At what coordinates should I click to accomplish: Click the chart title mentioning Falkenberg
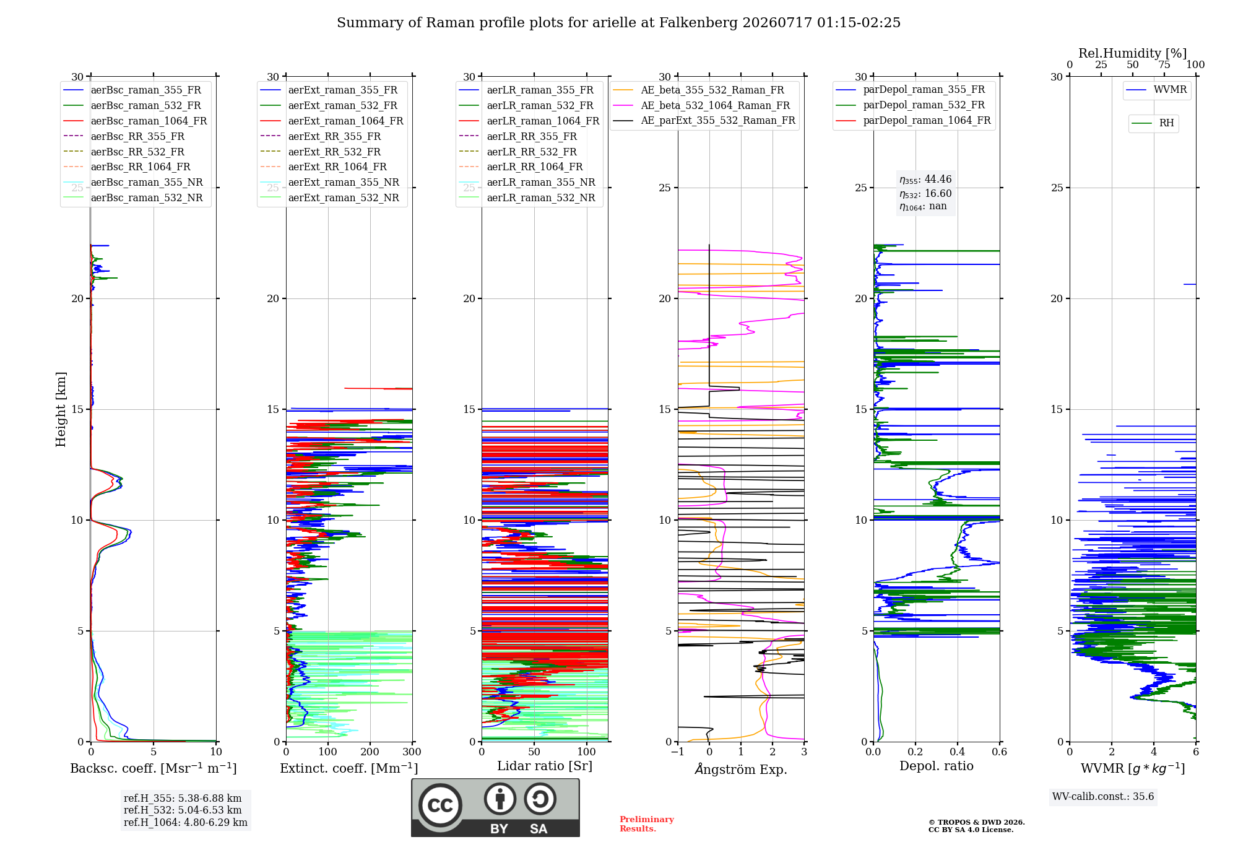(x=618, y=23)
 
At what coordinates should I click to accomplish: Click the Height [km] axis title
(x=61, y=409)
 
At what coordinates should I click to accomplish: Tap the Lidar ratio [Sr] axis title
(x=545, y=766)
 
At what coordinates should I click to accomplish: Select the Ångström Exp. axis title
(x=741, y=769)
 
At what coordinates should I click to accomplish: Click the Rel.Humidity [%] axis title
(x=1133, y=53)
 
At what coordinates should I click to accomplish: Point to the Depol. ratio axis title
(x=937, y=766)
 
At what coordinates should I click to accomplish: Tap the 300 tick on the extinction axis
(x=412, y=752)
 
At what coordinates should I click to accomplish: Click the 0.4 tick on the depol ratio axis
(x=958, y=752)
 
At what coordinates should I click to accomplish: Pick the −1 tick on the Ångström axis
(x=677, y=752)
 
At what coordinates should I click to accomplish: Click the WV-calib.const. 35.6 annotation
(x=1103, y=797)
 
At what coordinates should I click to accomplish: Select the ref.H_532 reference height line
(x=183, y=810)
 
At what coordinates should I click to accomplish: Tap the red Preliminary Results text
(x=647, y=824)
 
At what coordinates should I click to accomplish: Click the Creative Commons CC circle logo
(x=440, y=805)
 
